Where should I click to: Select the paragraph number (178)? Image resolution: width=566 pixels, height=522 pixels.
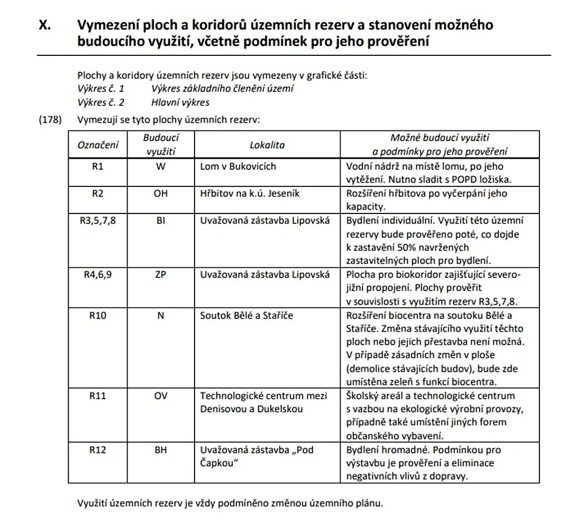[49, 119]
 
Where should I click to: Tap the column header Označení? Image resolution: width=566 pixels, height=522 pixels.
[98, 145]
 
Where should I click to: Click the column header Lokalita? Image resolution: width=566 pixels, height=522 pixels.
[267, 145]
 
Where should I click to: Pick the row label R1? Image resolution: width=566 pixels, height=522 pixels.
[98, 166]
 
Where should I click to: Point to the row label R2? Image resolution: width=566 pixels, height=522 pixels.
[98, 194]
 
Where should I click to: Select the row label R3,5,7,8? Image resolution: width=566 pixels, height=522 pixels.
[98, 221]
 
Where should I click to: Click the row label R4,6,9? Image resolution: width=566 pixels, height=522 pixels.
[98, 274]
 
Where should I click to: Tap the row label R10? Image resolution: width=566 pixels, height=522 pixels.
[98, 315]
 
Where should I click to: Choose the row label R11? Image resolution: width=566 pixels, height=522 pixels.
[98, 396]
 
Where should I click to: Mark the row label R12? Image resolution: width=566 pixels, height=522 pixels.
[98, 450]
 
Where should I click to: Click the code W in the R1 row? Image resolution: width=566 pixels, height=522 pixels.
[161, 166]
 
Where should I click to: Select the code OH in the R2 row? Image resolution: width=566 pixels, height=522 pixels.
[161, 194]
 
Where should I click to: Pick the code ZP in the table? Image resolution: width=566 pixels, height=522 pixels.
[161, 274]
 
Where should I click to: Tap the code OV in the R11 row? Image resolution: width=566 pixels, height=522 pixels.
[161, 396]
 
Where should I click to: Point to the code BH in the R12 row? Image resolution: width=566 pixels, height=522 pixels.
[161, 450]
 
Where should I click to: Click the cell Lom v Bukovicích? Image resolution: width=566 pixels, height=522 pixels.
[238, 166]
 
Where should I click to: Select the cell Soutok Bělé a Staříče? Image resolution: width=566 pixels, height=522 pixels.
[246, 315]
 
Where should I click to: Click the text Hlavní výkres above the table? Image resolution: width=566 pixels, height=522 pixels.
[180, 102]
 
